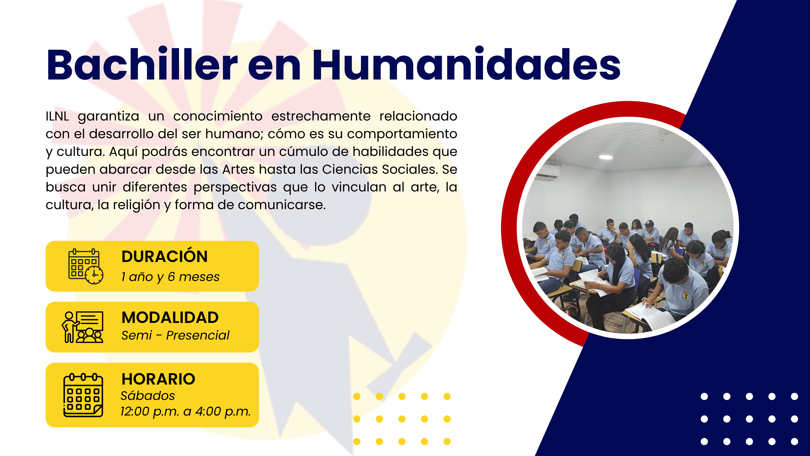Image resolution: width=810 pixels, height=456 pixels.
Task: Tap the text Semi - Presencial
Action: [175, 335]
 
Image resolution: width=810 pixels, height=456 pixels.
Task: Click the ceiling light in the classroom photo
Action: [606, 157]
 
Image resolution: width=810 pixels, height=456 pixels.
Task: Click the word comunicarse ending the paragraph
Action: [282, 205]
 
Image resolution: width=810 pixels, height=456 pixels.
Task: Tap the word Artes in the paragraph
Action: [239, 169]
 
